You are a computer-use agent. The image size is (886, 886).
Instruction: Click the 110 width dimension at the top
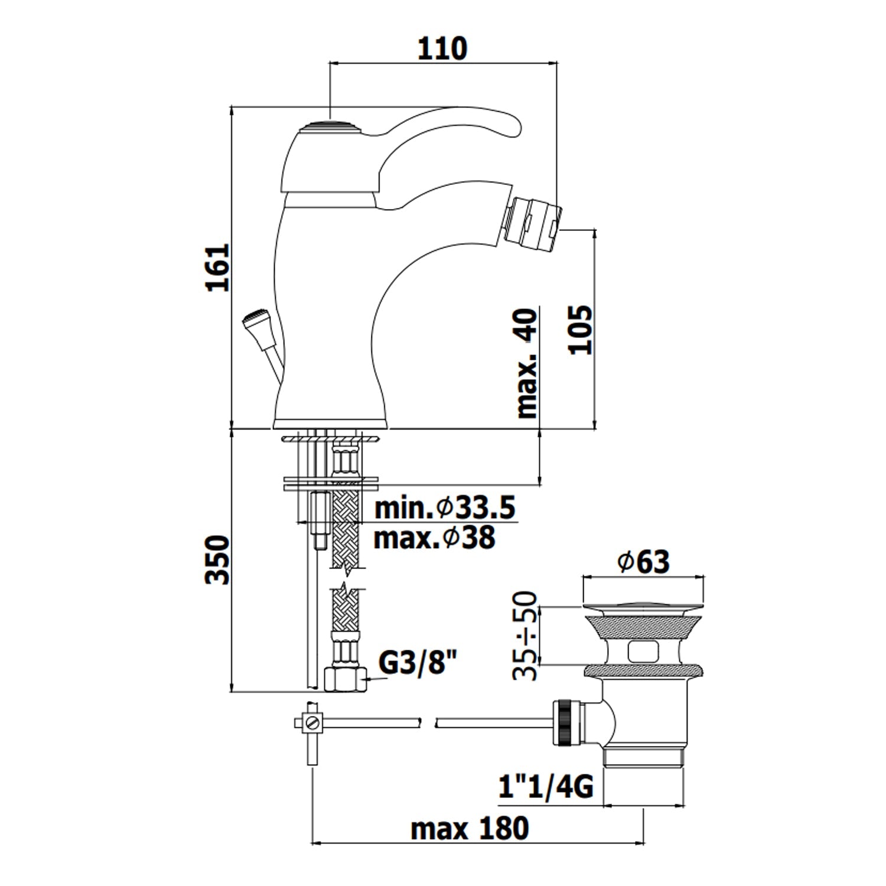(x=442, y=48)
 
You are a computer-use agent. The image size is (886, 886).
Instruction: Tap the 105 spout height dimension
(x=580, y=329)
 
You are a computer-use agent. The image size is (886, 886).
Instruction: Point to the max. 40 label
(x=527, y=364)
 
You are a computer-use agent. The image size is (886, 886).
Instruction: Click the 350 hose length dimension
(x=217, y=559)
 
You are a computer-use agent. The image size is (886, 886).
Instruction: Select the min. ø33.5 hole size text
(x=445, y=508)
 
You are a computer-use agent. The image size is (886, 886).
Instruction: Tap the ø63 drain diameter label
(x=643, y=561)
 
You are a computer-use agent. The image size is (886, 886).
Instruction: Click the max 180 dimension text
(x=470, y=829)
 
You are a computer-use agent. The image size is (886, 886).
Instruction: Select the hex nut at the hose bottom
(x=345, y=680)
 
